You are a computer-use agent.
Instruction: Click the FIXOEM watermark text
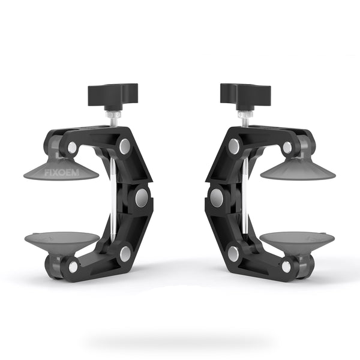click(62, 172)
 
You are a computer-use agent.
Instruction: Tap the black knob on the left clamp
click(113, 97)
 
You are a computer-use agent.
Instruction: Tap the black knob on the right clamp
click(245, 97)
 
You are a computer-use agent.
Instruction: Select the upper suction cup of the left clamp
click(61, 169)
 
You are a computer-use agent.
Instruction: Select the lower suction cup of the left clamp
click(62, 241)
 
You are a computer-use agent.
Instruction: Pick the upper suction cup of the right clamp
click(298, 169)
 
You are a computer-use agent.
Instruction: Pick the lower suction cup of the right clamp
click(297, 241)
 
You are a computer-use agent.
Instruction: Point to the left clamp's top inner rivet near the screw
click(125, 146)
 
